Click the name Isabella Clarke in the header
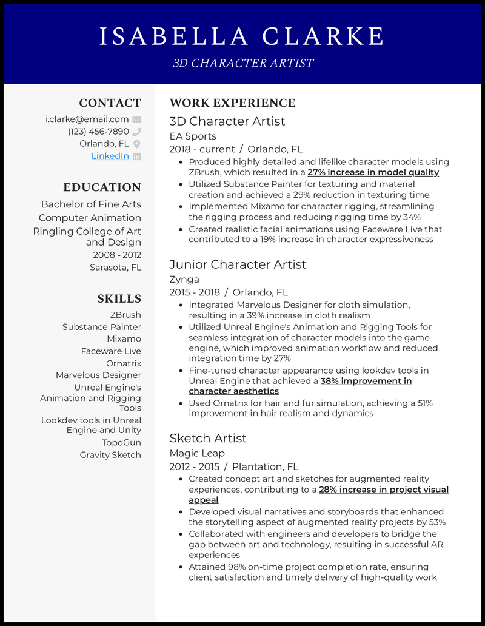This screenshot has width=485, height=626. click(x=242, y=36)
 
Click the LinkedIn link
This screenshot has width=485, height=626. click(x=110, y=156)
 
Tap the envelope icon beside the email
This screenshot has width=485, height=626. click(x=137, y=119)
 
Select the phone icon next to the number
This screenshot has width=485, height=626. click(x=137, y=132)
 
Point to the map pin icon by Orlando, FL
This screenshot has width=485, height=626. click(x=137, y=144)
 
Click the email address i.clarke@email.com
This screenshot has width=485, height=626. click(x=87, y=119)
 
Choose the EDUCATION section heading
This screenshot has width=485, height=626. click(x=102, y=187)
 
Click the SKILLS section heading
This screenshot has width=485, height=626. click(x=119, y=298)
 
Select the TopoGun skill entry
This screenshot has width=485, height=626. click(x=121, y=443)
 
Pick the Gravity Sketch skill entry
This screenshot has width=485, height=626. click(x=110, y=455)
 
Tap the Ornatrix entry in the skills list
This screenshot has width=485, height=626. click(x=123, y=363)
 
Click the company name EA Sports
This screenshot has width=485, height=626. click(x=193, y=136)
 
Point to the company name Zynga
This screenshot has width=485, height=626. click(x=184, y=279)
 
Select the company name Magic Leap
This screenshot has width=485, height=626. click(x=197, y=453)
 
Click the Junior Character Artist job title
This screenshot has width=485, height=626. click(x=238, y=264)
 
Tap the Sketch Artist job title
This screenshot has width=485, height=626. click(x=208, y=438)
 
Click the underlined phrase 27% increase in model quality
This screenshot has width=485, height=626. click(x=373, y=172)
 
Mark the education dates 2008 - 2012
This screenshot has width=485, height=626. click(x=117, y=255)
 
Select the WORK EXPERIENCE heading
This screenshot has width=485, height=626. click(x=232, y=103)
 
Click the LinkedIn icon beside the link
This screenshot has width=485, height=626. click(x=137, y=156)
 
